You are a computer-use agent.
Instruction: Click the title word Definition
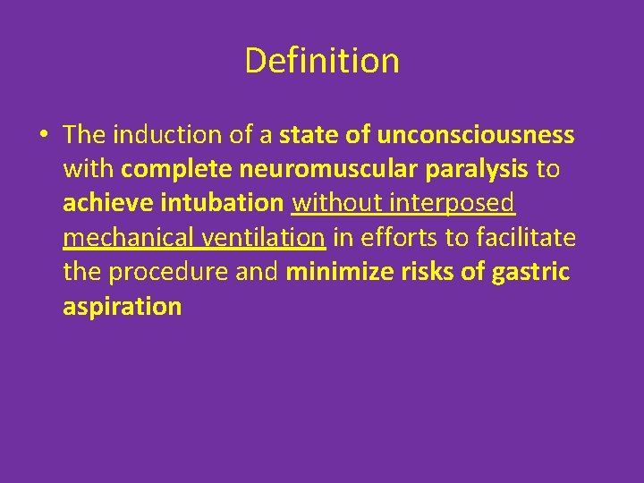pyautogui.click(x=321, y=61)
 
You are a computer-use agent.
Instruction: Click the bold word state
pyautogui.click(x=308, y=134)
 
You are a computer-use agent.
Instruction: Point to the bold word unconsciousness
pyautogui.click(x=476, y=134)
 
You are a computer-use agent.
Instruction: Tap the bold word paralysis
pyautogui.click(x=479, y=169)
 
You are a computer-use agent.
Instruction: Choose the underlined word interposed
pyautogui.click(x=454, y=203)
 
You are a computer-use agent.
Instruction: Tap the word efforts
pyautogui.click(x=399, y=237)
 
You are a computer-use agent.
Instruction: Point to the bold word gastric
pyautogui.click(x=530, y=272)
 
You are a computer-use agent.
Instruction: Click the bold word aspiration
pyautogui.click(x=123, y=306)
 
